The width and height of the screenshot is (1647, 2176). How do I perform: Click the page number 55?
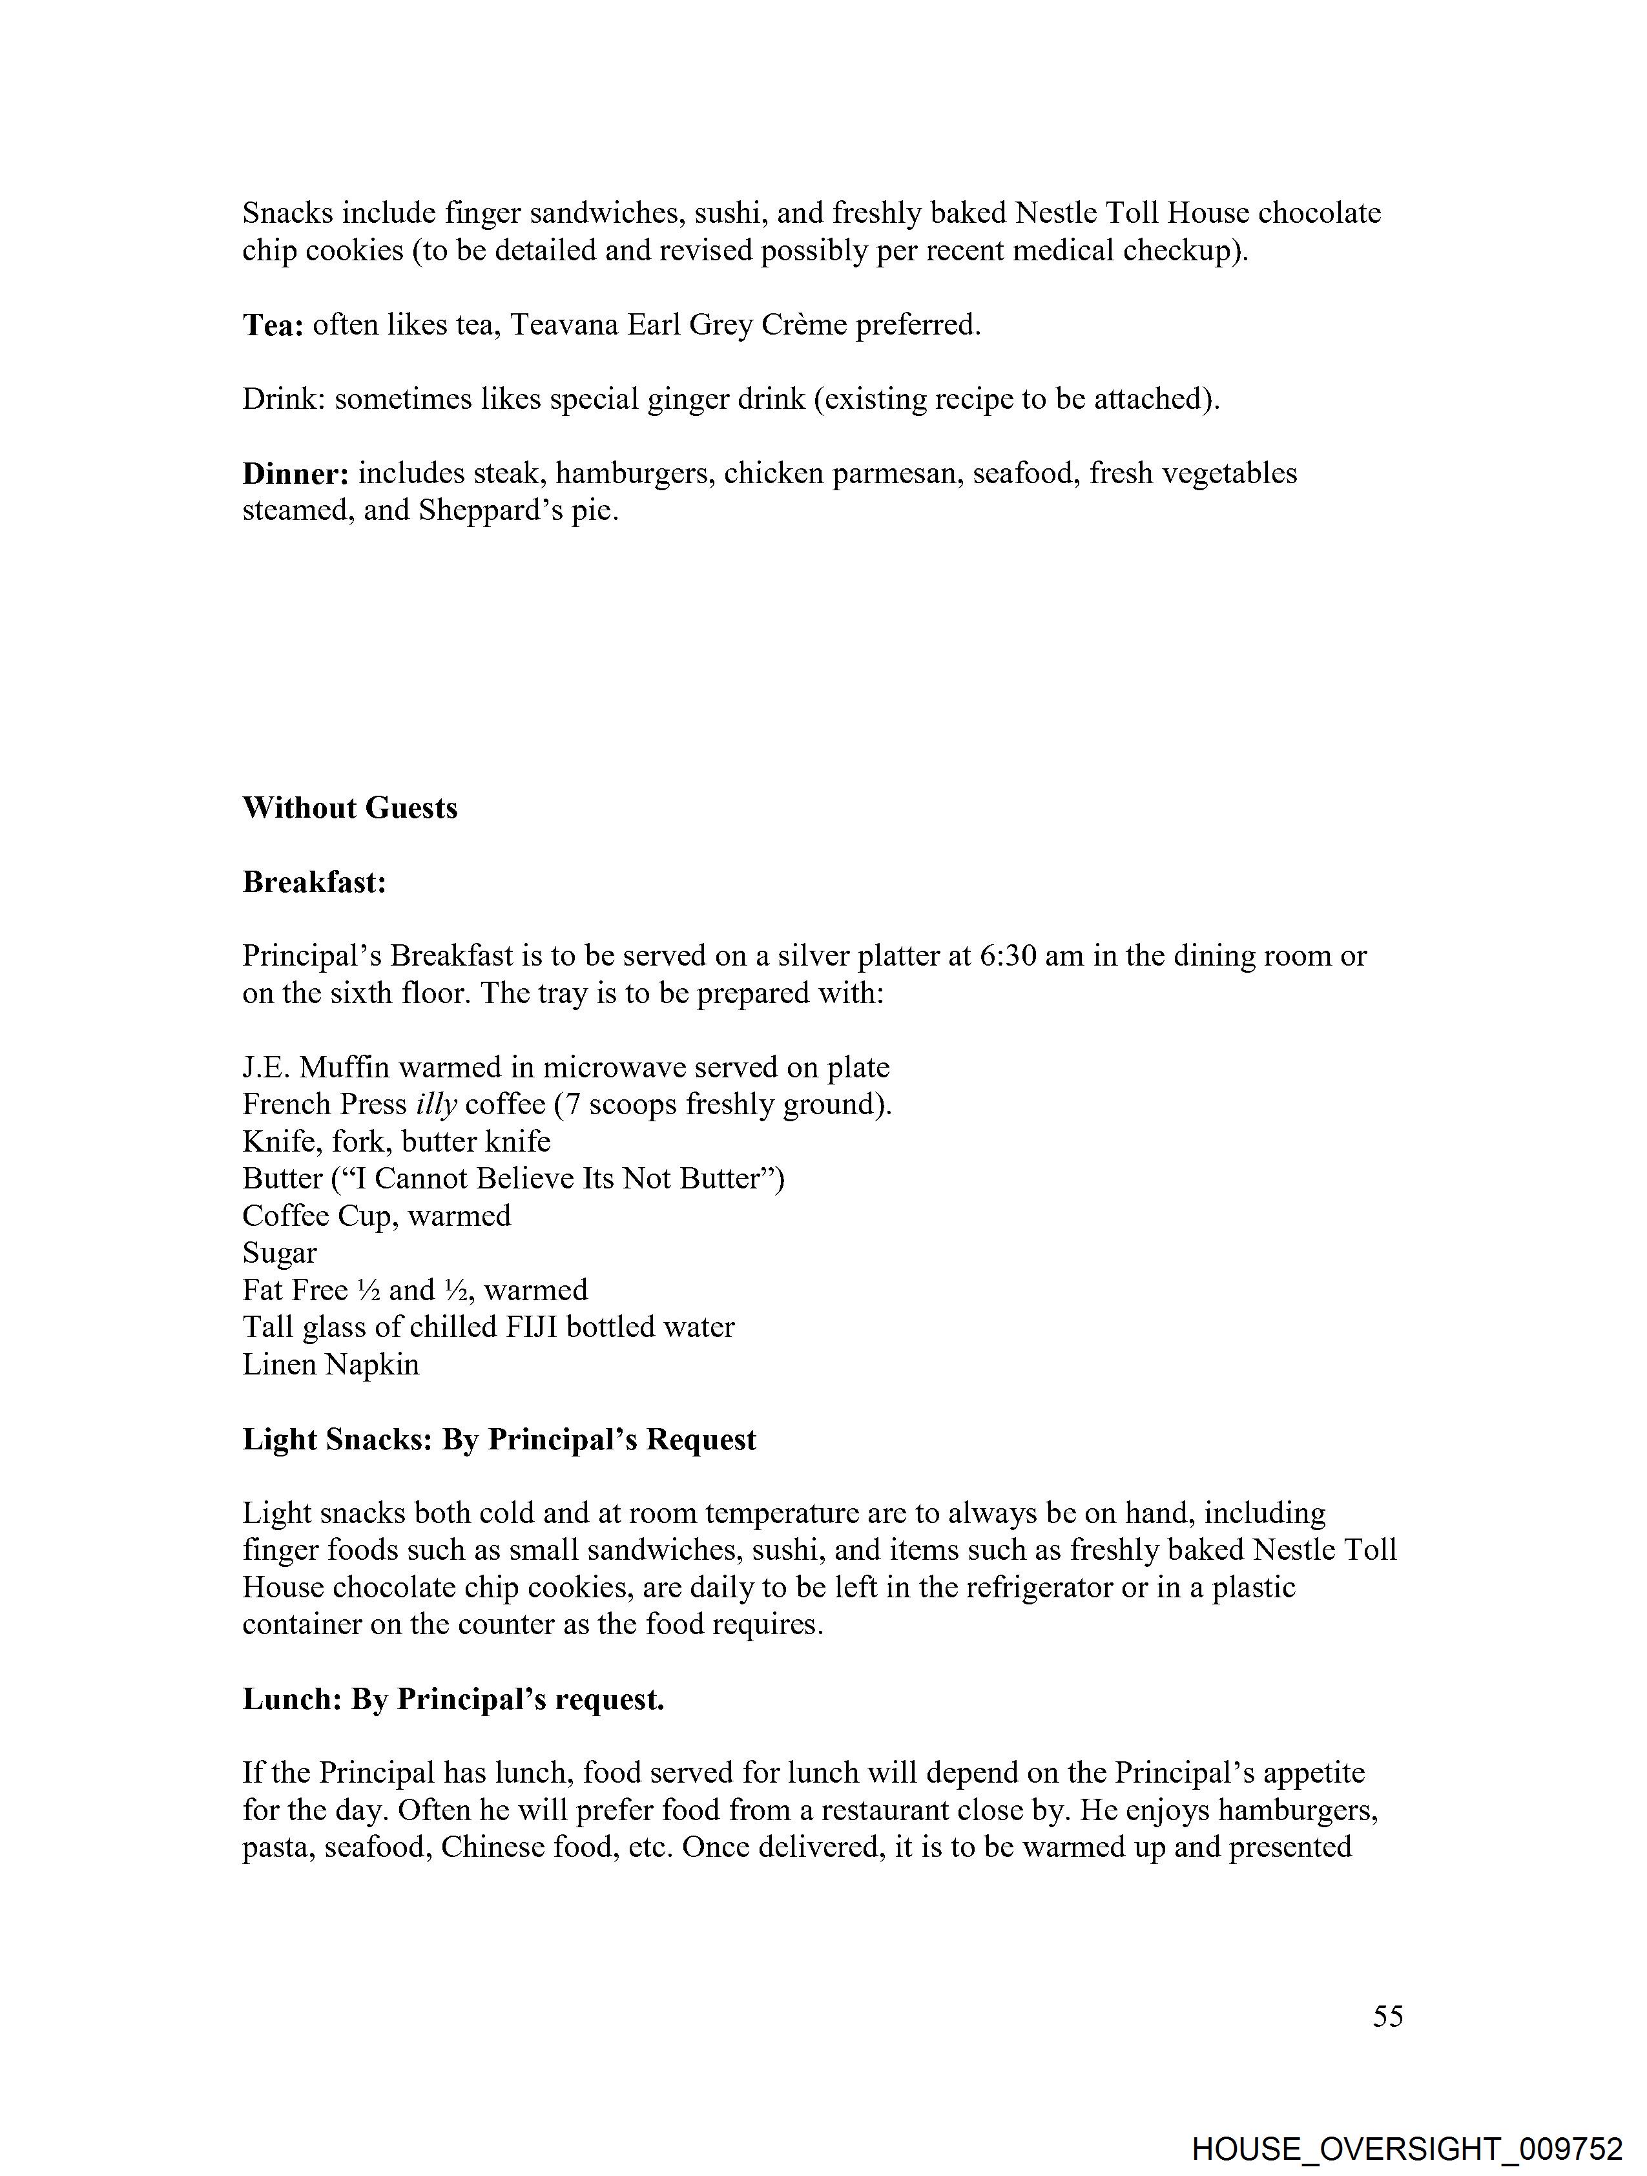[1387, 2016]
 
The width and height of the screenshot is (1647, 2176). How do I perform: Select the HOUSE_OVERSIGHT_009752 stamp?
[1406, 2148]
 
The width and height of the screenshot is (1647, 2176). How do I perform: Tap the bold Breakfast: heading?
[315, 882]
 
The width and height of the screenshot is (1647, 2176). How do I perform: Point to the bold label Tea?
[273, 326]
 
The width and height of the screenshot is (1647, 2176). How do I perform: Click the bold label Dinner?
[296, 474]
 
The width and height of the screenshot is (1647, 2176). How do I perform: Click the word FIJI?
[532, 1327]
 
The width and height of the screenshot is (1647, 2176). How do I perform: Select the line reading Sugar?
[280, 1253]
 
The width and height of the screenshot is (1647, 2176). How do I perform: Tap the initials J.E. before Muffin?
[267, 1068]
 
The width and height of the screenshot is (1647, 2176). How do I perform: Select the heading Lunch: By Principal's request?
[453, 1700]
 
